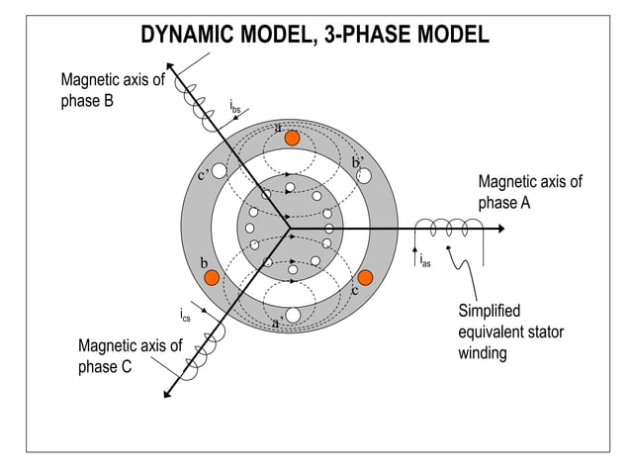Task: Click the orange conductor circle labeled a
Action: (x=292, y=139)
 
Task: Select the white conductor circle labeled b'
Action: (x=364, y=175)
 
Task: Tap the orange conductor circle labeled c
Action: (x=365, y=277)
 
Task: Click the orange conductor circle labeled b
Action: (x=211, y=278)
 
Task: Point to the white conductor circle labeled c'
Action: (x=220, y=171)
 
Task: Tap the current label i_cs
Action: (x=185, y=316)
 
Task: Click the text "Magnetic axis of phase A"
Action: (x=530, y=192)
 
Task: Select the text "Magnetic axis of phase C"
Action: (x=130, y=356)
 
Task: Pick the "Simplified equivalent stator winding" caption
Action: (x=510, y=331)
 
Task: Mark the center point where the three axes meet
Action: (x=290, y=229)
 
